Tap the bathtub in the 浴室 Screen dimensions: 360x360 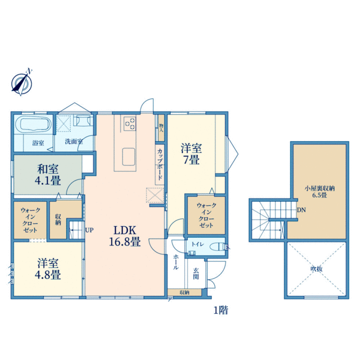pos(35,124)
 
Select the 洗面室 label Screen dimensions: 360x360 pos(74,142)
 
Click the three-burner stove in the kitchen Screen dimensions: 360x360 pos(130,124)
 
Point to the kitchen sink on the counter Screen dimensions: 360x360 pos(128,157)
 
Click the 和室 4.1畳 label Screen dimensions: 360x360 pos(48,175)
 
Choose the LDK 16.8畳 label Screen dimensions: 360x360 pos(125,236)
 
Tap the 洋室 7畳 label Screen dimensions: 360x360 pos(191,154)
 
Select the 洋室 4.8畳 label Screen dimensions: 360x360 pos(48,269)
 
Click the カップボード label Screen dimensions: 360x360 pos(160,164)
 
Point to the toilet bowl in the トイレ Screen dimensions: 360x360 pos(218,247)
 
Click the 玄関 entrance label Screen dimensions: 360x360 pos(196,274)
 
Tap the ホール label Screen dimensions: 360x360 pos(176,262)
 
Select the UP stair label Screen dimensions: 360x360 pos(89,230)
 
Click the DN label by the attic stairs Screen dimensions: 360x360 pos(301,210)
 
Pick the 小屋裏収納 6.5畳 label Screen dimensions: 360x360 pos(319,192)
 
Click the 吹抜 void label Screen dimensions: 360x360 pos(317,269)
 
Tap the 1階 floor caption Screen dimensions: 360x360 pos(221,310)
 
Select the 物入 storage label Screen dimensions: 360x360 pos(161,128)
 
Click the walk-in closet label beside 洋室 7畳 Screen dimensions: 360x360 pos(206,215)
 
